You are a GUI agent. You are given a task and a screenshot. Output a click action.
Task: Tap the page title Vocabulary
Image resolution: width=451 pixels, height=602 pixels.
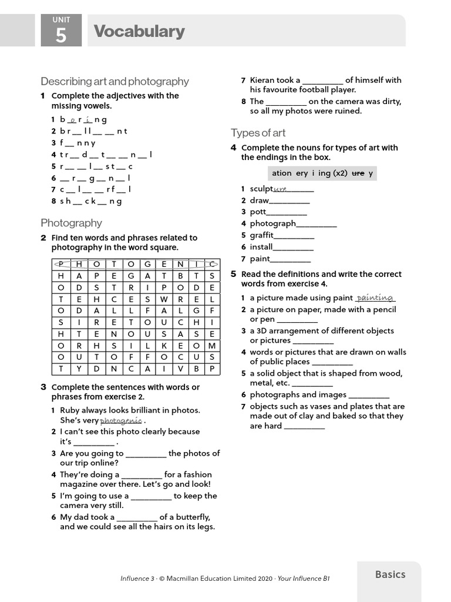coord(139,31)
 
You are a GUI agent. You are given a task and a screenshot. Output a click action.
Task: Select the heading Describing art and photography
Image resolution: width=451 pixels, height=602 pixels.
coord(115,81)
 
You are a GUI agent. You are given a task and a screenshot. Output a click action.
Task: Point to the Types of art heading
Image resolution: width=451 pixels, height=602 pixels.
coord(258,133)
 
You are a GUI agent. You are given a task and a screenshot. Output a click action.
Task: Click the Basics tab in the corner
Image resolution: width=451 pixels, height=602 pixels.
coord(390,574)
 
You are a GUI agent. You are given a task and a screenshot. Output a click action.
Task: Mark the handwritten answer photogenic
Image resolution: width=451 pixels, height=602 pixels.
coord(120,421)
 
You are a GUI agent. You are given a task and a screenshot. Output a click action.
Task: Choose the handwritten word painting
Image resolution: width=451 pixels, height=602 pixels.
coord(375,298)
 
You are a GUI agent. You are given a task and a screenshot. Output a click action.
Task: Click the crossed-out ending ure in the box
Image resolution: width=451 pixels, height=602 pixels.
coord(358,173)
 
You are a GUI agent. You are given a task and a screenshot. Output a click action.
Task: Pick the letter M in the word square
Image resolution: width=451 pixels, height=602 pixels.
coord(212,346)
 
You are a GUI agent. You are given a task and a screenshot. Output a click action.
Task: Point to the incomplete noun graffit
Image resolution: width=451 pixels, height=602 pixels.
coord(262,235)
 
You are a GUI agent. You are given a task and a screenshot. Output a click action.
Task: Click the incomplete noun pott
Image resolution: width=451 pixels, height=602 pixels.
coord(258,212)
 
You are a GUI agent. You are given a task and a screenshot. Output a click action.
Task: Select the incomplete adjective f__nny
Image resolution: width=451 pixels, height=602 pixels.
coord(78,143)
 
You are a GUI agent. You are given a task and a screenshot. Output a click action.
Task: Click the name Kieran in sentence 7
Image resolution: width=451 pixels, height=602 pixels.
coord(262,80)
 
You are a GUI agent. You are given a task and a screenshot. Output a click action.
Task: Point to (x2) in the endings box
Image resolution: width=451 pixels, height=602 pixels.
coord(340,173)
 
